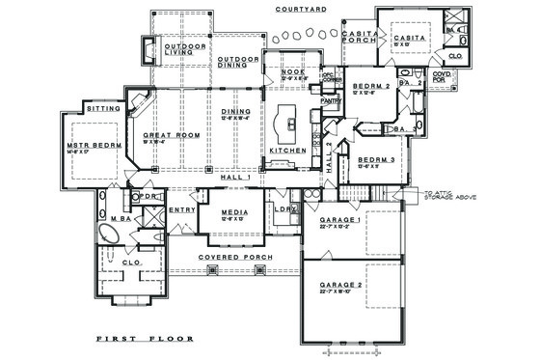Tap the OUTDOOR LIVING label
click(186, 51)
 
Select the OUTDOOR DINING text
click(238, 62)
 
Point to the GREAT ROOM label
click(171, 135)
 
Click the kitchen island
click(287, 123)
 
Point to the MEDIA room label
click(234, 212)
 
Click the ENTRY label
click(181, 209)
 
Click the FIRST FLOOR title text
click(145, 340)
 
